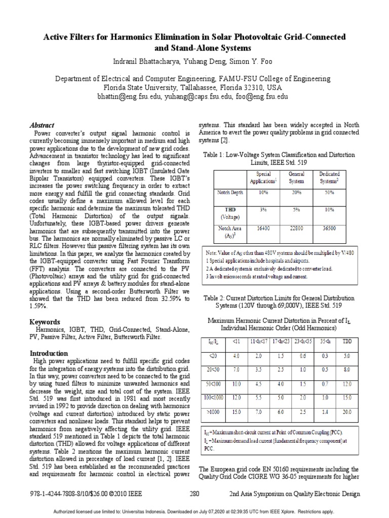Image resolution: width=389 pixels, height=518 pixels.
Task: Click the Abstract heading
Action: pos(43,125)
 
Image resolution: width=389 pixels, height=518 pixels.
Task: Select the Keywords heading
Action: pos(46,322)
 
